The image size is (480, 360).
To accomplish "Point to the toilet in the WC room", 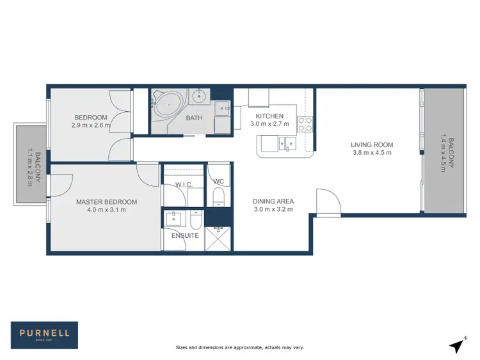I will point(218,196).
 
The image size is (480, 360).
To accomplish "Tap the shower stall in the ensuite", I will point(220,236).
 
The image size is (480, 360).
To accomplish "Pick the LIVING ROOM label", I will point(372,145).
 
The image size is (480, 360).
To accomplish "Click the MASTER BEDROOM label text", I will point(106,202).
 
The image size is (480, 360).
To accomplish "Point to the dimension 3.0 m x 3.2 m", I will point(273,209).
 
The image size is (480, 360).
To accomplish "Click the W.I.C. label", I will point(184,185).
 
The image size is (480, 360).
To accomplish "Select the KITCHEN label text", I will point(269,116).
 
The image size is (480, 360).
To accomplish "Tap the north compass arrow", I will point(456,345).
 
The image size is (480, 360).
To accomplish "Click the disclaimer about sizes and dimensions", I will point(240,347).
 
